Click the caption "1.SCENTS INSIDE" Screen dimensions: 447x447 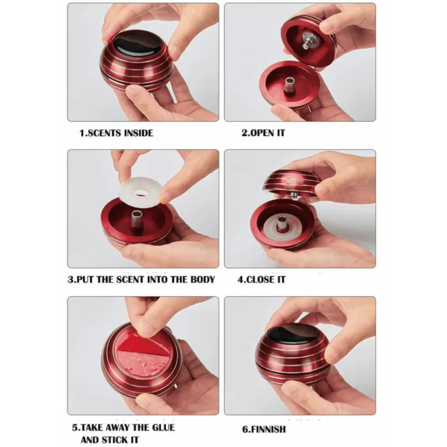(116, 133)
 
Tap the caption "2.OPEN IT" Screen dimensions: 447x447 (263, 133)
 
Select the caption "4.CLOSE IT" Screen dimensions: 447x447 (262, 279)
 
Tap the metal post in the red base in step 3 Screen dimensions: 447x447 (137, 220)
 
